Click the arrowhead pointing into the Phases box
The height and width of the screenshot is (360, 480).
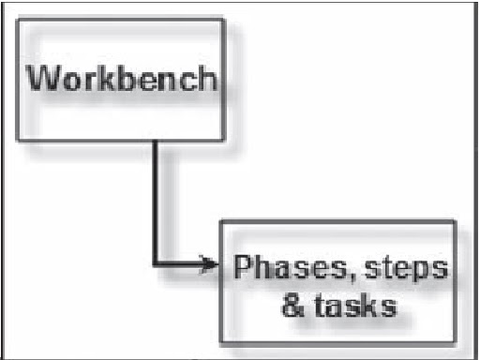coord(211,264)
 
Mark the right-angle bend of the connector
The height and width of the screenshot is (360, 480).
coord(157,264)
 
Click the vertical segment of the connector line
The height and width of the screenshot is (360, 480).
coord(157,202)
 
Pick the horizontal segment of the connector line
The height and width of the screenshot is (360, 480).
coord(183,264)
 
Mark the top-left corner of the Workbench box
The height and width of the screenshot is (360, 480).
coord(18,18)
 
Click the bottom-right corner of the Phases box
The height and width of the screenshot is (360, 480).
coord(455,341)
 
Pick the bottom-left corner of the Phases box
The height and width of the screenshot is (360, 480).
coord(221,341)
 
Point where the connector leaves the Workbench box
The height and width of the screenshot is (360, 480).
coord(157,141)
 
